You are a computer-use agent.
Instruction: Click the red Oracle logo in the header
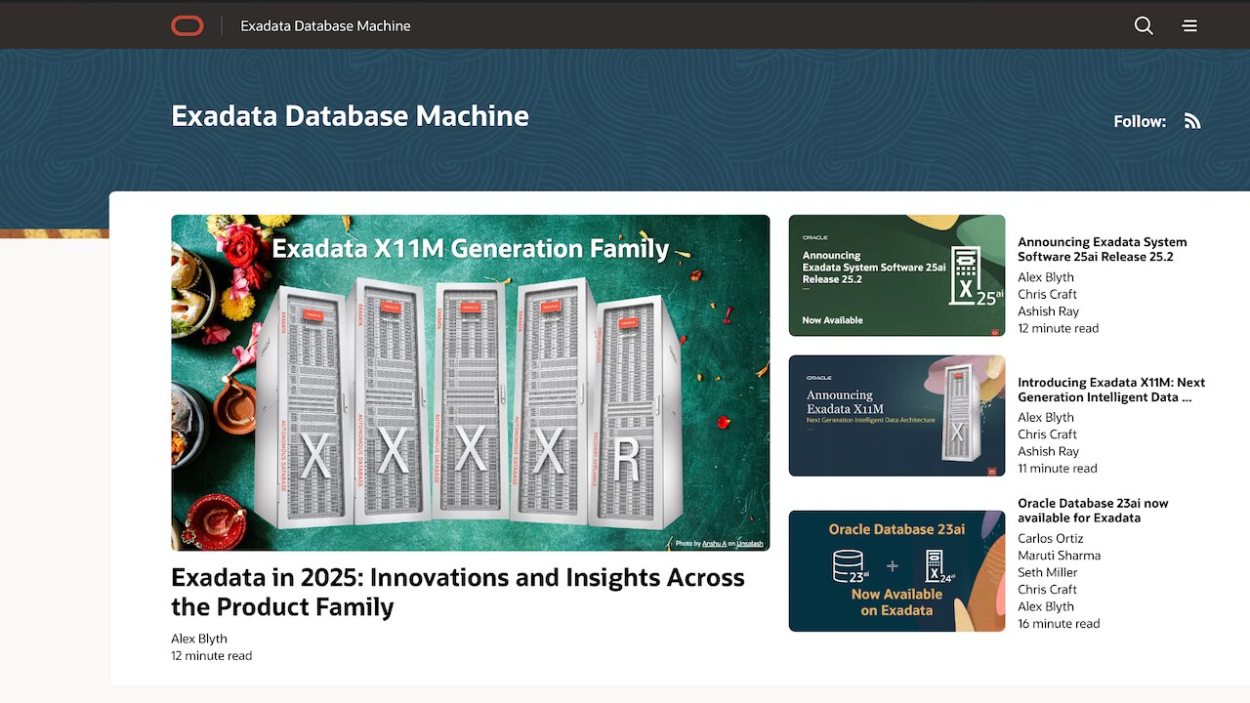[187, 26]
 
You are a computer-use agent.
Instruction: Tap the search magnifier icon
[1144, 26]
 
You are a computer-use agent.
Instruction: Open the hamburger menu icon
[1189, 26]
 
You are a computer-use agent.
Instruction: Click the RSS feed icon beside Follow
[1192, 121]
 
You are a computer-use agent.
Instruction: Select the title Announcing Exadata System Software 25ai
[1102, 249]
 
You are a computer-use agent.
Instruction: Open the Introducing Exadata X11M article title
[1110, 390]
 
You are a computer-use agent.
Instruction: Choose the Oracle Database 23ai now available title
[1093, 511]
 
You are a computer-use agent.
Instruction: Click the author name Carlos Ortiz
[1050, 538]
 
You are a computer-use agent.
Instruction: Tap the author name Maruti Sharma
[1059, 556]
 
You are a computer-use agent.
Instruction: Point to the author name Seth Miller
[1047, 572]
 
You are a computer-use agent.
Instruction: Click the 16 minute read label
[1059, 623]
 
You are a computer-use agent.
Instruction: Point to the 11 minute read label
[1058, 468]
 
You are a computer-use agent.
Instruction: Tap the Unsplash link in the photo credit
[750, 544]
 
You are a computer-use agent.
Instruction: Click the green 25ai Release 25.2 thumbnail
[896, 275]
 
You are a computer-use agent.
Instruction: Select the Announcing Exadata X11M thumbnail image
[896, 416]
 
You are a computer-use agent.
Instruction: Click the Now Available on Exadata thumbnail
[896, 571]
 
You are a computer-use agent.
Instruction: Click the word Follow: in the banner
[1140, 121]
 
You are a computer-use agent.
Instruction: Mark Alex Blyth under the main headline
[199, 639]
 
